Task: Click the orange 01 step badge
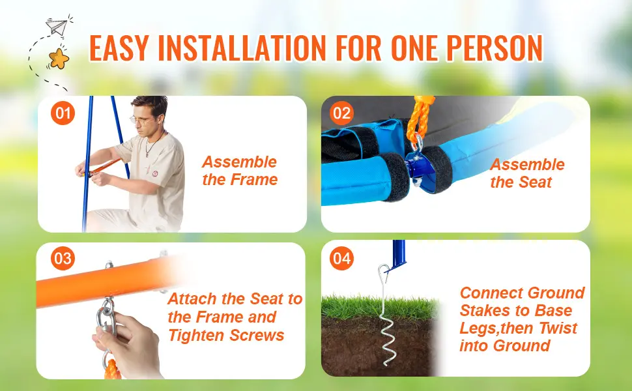coord(63,113)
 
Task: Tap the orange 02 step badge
coord(342,113)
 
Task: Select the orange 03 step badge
coord(63,258)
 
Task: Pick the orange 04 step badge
coord(342,258)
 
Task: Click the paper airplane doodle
coord(57,26)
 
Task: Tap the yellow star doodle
coord(59,59)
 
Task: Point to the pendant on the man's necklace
coord(147,154)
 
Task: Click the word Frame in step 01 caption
coord(253,180)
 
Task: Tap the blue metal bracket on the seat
coord(419,168)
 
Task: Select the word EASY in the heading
coord(122,48)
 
